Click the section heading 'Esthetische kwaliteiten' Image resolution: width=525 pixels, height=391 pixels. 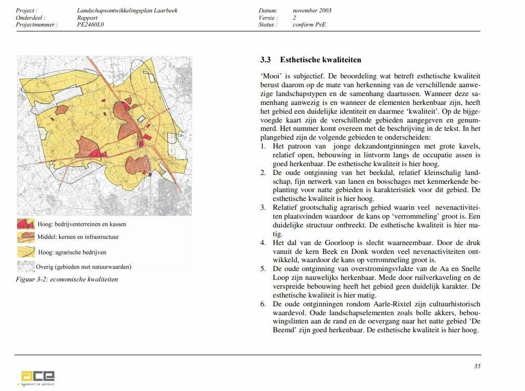[x=320, y=60]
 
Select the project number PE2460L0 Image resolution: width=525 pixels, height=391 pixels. [x=90, y=24]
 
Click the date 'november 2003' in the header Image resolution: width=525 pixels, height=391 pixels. [x=312, y=10]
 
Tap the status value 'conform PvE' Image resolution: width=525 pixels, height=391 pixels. [x=309, y=24]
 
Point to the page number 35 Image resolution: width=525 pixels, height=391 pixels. [x=477, y=366]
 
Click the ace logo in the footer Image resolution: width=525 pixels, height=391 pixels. [x=37, y=376]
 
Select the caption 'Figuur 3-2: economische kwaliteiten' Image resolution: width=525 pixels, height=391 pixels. [x=68, y=279]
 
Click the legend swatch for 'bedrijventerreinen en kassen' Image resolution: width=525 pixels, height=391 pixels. [x=26, y=224]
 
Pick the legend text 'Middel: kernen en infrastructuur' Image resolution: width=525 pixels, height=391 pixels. [x=78, y=237]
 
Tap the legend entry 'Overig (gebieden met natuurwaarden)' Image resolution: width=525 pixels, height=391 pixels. [x=83, y=267]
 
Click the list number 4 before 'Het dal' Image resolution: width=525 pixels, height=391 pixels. [x=263, y=242]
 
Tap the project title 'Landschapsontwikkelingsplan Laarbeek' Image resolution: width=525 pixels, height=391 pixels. [x=127, y=10]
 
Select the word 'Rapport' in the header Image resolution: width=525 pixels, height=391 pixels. [x=87, y=18]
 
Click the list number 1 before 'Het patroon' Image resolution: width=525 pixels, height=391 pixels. [x=263, y=146]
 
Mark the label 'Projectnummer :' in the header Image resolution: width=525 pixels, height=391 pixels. [x=37, y=24]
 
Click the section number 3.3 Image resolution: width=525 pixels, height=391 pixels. [x=265, y=60]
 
